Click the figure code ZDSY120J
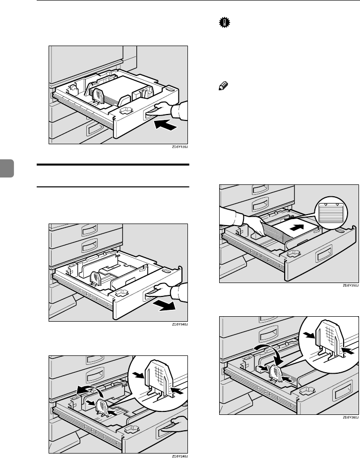click(180, 147)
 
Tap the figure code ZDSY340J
click(180, 324)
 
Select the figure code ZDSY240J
click(180, 457)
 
